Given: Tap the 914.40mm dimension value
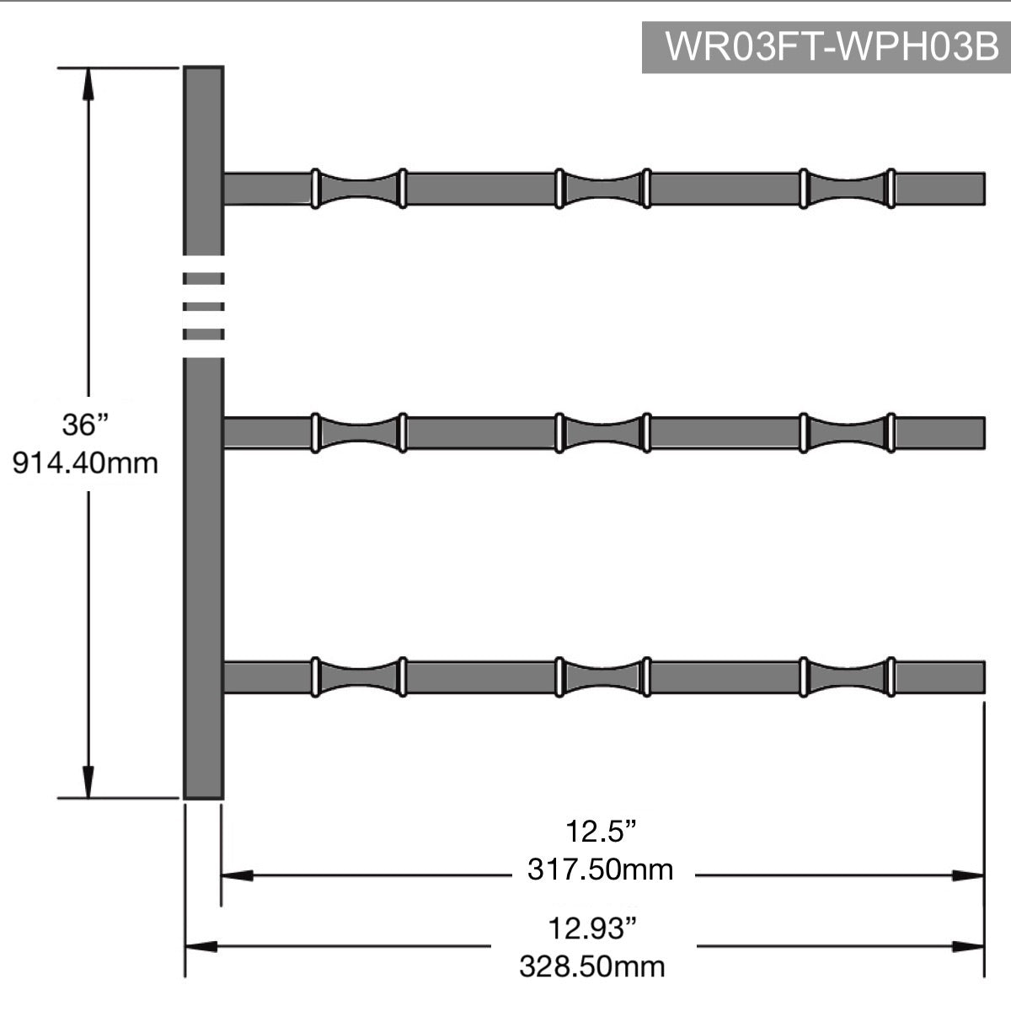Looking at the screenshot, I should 85,463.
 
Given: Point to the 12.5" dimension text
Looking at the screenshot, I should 599,832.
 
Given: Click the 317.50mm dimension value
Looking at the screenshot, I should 600,869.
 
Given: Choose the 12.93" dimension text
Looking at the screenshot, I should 591,929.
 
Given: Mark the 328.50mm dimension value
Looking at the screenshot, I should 591,966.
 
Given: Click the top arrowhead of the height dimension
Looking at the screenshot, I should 88,81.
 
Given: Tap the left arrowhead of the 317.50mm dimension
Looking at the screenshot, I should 237,876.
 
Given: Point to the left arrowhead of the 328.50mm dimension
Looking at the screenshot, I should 201,947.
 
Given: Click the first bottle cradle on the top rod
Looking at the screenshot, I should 358,189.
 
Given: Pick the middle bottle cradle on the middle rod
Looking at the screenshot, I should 602,433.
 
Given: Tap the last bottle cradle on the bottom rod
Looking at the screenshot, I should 847,677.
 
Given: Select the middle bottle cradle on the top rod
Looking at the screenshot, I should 602,189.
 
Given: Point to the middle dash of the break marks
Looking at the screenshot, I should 203,306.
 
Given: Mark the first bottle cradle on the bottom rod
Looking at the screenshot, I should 358,677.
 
